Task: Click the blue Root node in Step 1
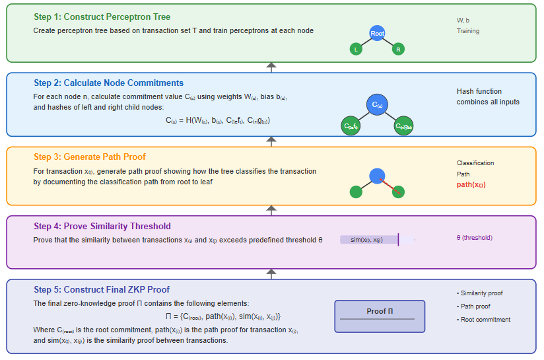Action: (377, 33)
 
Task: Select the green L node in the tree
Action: (357, 50)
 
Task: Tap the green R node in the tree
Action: (397, 50)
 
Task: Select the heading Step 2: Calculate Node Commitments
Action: (108, 83)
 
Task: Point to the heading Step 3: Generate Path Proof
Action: (90, 157)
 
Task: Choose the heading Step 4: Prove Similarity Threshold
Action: (102, 226)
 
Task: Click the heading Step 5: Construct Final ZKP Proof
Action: (102, 289)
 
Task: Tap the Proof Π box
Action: (380, 312)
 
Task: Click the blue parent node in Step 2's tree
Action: (377, 105)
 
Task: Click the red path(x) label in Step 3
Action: (471, 185)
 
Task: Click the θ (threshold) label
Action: (474, 238)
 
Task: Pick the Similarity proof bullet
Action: (483, 293)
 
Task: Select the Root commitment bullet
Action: (485, 320)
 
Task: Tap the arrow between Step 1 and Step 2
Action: (271, 67)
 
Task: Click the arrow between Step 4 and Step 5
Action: (271, 273)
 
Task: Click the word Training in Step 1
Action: (468, 31)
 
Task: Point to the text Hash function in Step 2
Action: (479, 91)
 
